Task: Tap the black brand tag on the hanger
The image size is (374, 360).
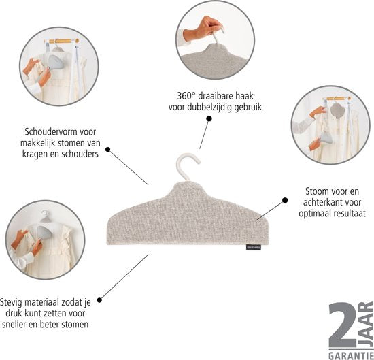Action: [x=254, y=247]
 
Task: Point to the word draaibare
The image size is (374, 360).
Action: [x=216, y=96]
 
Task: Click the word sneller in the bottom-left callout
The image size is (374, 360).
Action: [x=14, y=324]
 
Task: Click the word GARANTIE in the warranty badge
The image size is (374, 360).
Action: [x=351, y=355]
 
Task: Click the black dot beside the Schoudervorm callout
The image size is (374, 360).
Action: [x=108, y=150]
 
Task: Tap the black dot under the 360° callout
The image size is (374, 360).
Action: [x=209, y=118]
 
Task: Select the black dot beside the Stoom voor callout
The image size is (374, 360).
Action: [x=285, y=200]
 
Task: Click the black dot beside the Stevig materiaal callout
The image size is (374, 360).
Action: [x=99, y=300]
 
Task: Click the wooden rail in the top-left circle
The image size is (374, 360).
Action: [x=61, y=41]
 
